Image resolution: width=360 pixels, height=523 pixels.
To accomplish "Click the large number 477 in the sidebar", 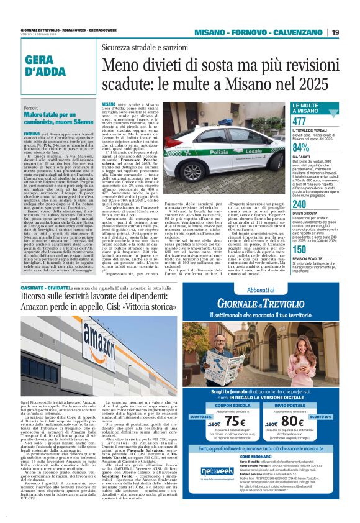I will (299, 121).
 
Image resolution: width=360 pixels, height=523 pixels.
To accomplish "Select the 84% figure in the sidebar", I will (300, 148).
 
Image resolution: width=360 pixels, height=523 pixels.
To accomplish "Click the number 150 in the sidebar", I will (299, 249).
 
